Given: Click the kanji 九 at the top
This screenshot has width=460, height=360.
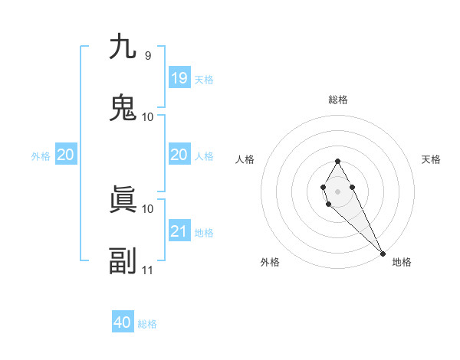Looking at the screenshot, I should pyautogui.click(x=123, y=47).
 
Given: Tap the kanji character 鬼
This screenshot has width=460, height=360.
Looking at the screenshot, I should pyautogui.click(x=123, y=108).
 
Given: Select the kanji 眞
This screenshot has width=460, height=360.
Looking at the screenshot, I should pyautogui.click(x=123, y=200).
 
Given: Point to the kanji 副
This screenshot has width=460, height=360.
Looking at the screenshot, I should pyautogui.click(x=123, y=261).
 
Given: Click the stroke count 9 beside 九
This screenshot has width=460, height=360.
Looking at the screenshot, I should pyautogui.click(x=147, y=55).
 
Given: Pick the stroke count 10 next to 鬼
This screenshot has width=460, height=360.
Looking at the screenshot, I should pyautogui.click(x=148, y=116).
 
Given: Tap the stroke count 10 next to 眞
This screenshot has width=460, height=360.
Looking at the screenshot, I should pyautogui.click(x=148, y=208).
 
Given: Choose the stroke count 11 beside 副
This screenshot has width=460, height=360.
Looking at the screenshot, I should pyautogui.click(x=148, y=270).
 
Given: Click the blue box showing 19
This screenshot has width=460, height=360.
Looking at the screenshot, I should pyautogui.click(x=179, y=77).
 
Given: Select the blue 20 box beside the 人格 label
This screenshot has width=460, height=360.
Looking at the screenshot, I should pyautogui.click(x=179, y=155).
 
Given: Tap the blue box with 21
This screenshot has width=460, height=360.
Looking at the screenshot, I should pyautogui.click(x=179, y=231).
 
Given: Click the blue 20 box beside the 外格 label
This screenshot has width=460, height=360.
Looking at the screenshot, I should pyautogui.click(x=65, y=155).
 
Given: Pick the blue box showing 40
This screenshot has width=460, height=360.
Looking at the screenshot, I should pyautogui.click(x=123, y=322).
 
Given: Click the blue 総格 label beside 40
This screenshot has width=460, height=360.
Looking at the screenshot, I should pyautogui.click(x=147, y=324).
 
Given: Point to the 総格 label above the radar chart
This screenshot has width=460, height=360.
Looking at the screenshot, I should pyautogui.click(x=338, y=100).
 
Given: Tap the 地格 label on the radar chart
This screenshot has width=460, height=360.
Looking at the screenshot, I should pyautogui.click(x=402, y=262).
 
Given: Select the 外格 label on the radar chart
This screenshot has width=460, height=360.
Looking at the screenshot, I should pyautogui.click(x=270, y=262).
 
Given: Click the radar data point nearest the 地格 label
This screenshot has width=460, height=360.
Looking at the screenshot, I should pyautogui.click(x=383, y=253).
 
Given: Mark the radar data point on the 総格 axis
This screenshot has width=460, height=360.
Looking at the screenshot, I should pyautogui.click(x=337, y=161).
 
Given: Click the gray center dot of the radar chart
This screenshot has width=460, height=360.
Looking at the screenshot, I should pyautogui.click(x=337, y=190).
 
